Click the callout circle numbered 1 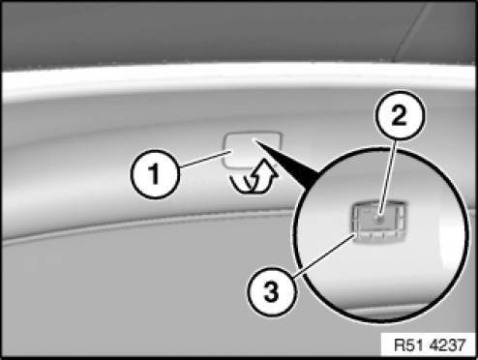[x=155, y=173]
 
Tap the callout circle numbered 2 [x=400, y=115]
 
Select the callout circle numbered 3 [x=271, y=292]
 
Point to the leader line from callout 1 [x=203, y=159]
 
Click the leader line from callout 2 [x=389, y=180]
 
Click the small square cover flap [x=253, y=150]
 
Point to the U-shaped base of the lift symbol [x=248, y=185]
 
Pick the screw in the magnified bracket [x=379, y=220]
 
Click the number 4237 [x=448, y=345]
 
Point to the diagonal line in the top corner [x=410, y=31]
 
